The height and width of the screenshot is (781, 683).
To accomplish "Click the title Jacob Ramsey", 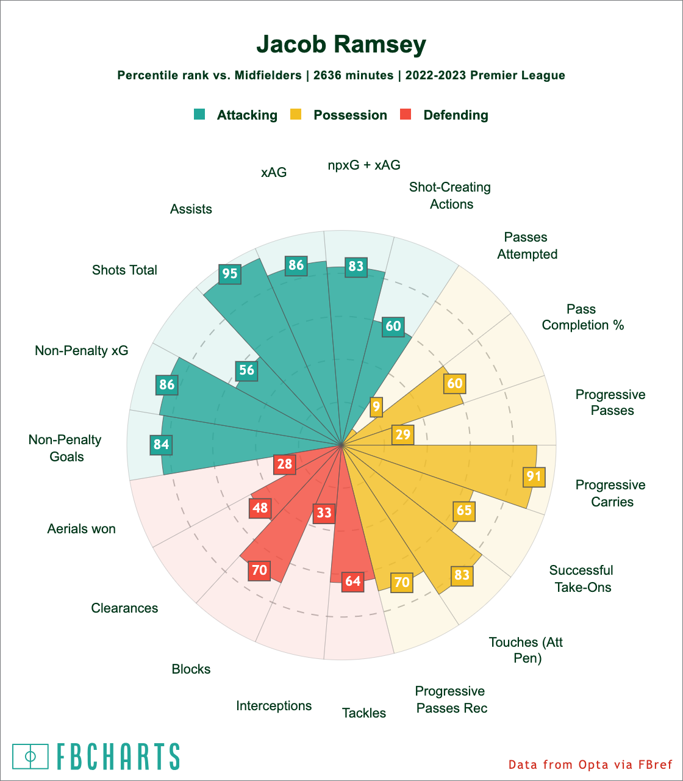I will (x=341, y=45).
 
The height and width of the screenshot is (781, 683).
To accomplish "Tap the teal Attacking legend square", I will (x=199, y=114).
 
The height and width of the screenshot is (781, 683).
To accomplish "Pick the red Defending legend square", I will (x=406, y=114).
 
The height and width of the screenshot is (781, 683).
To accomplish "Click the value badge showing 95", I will (x=230, y=273).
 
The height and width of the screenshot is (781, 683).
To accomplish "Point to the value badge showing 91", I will (x=534, y=476).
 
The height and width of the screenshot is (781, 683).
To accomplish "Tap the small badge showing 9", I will (x=376, y=407).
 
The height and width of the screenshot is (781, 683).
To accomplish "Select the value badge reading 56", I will (x=246, y=370).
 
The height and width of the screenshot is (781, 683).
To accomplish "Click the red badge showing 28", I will (x=285, y=464).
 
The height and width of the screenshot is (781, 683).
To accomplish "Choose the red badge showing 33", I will (x=324, y=513).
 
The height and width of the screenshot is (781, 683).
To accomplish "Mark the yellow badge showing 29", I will (x=403, y=434).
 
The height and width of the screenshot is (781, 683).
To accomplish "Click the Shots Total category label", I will (x=124, y=270).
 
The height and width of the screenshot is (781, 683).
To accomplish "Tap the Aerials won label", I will (x=81, y=528).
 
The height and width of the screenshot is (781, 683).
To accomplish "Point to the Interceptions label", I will (x=274, y=705).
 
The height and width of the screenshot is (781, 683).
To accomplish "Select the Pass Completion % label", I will (x=582, y=317).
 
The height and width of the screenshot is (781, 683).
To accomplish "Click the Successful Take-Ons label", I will (x=581, y=578).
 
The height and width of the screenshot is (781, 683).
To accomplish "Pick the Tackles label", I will (x=364, y=713).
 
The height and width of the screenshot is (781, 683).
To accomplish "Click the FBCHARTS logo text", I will (x=118, y=757).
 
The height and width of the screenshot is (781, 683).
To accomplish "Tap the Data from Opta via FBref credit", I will (x=590, y=765).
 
